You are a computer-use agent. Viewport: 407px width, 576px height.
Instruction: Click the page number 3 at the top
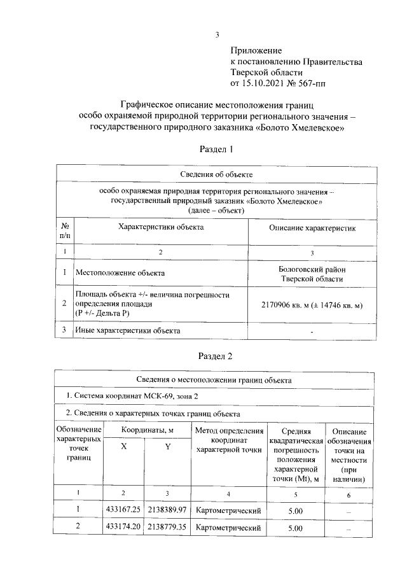coord(217,35)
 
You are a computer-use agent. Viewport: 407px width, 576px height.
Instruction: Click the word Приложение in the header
coord(256,50)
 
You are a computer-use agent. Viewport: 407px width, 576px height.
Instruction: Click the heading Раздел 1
coord(217,149)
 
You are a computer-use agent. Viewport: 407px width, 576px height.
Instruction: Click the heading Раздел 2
coord(217,355)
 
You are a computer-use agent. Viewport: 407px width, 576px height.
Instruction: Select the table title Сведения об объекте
coord(217,173)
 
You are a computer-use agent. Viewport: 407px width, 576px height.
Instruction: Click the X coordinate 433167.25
coord(123,510)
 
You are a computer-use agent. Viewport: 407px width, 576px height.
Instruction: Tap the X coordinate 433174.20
coord(123,528)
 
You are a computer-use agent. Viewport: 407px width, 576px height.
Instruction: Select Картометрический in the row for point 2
coord(228,528)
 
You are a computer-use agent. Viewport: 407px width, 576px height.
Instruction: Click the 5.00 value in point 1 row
coord(296,510)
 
